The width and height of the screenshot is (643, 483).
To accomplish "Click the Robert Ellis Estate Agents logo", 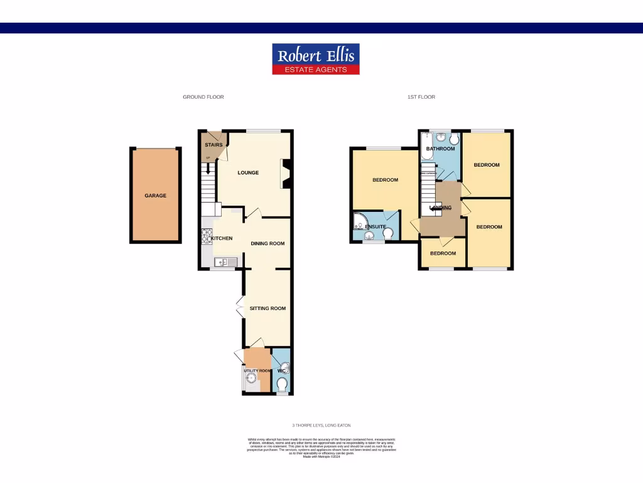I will tap(315, 58).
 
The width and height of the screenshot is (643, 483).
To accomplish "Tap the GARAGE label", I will tap(156, 196).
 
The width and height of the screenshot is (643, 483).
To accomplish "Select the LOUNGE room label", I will tap(248, 173).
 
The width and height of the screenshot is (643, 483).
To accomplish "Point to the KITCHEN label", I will tap(222, 238).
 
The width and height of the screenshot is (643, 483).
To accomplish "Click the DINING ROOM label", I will tap(267, 244).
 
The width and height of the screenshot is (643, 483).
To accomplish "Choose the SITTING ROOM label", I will tap(267, 308).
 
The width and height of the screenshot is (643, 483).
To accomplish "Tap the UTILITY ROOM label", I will tap(257, 371).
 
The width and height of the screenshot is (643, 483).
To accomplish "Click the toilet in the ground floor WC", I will tap(282, 384).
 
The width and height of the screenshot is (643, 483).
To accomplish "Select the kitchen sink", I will tap(221, 262).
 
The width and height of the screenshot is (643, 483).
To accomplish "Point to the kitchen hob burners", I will tap(206, 236).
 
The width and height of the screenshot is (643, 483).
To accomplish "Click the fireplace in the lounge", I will tap(285, 174).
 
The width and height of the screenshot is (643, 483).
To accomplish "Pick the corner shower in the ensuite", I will tap(360, 220).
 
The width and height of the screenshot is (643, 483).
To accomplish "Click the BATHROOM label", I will tap(440, 149).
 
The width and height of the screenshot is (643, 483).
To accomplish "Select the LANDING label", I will tap(440, 208).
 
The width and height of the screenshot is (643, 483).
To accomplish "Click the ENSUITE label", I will tap(376, 226).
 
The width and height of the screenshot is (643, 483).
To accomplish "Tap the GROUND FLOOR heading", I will tap(203, 97).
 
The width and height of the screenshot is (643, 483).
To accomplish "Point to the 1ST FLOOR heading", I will tap(421, 97).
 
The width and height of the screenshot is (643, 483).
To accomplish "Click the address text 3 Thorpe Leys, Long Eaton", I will tap(321, 426).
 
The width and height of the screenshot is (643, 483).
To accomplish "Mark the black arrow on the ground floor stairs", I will tap(207, 169).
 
